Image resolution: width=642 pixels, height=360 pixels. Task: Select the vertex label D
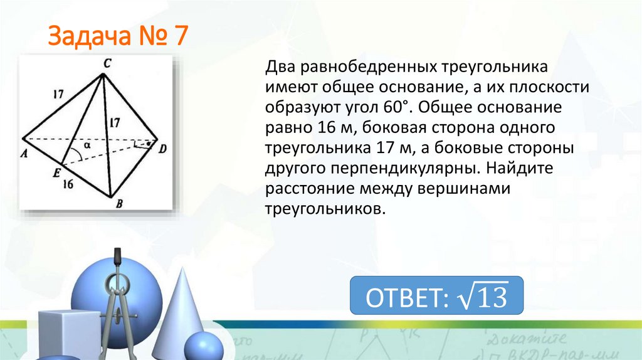[x=163, y=149]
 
